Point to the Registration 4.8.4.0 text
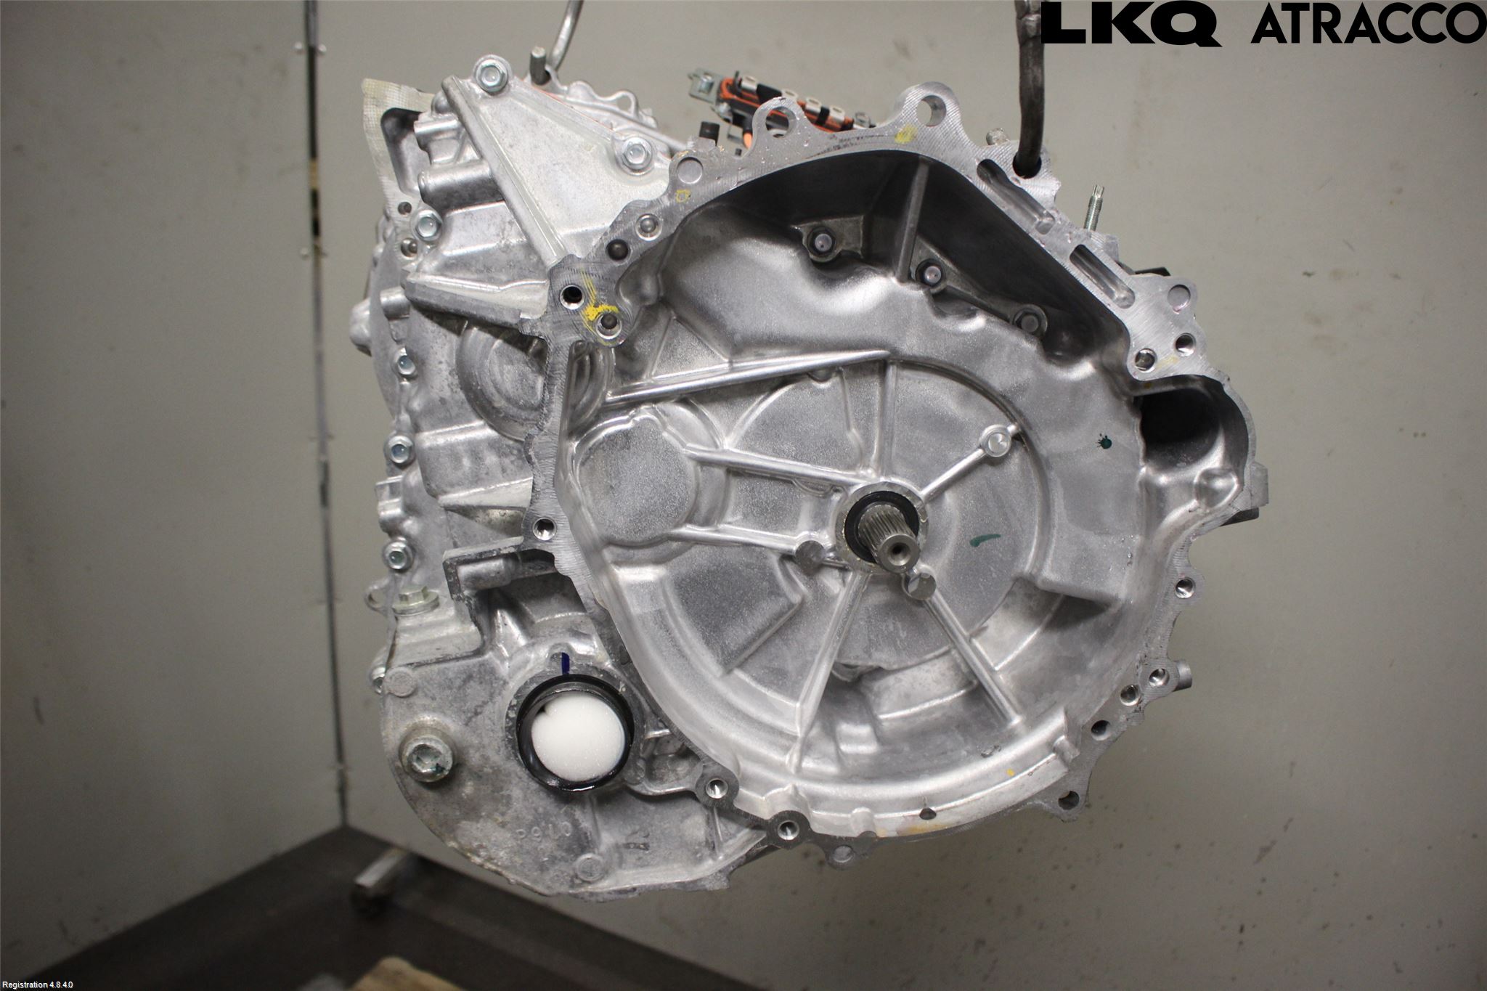point(38,984)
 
